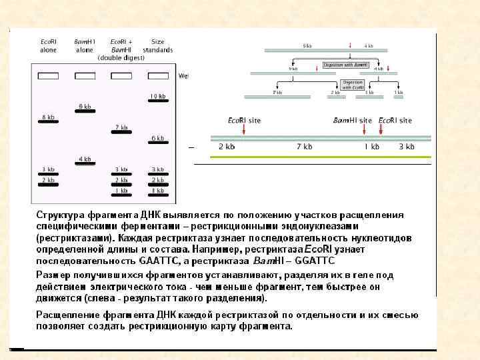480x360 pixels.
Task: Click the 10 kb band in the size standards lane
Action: (157, 101)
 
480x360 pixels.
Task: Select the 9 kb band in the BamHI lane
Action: (85, 111)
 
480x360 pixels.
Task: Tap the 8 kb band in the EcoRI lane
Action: (49, 122)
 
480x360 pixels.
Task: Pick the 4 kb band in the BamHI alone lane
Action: (85, 164)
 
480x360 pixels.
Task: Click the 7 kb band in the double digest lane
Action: (121, 132)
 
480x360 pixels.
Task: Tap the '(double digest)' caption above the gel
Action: (121, 58)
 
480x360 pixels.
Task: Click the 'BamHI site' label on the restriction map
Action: (352, 120)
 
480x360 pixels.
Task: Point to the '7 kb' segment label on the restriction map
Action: (304, 146)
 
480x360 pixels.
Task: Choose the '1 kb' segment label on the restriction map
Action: (371, 146)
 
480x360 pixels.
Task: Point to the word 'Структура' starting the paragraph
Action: (59, 215)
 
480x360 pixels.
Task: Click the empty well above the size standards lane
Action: (157, 76)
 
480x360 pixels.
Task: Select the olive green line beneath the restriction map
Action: (320, 157)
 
